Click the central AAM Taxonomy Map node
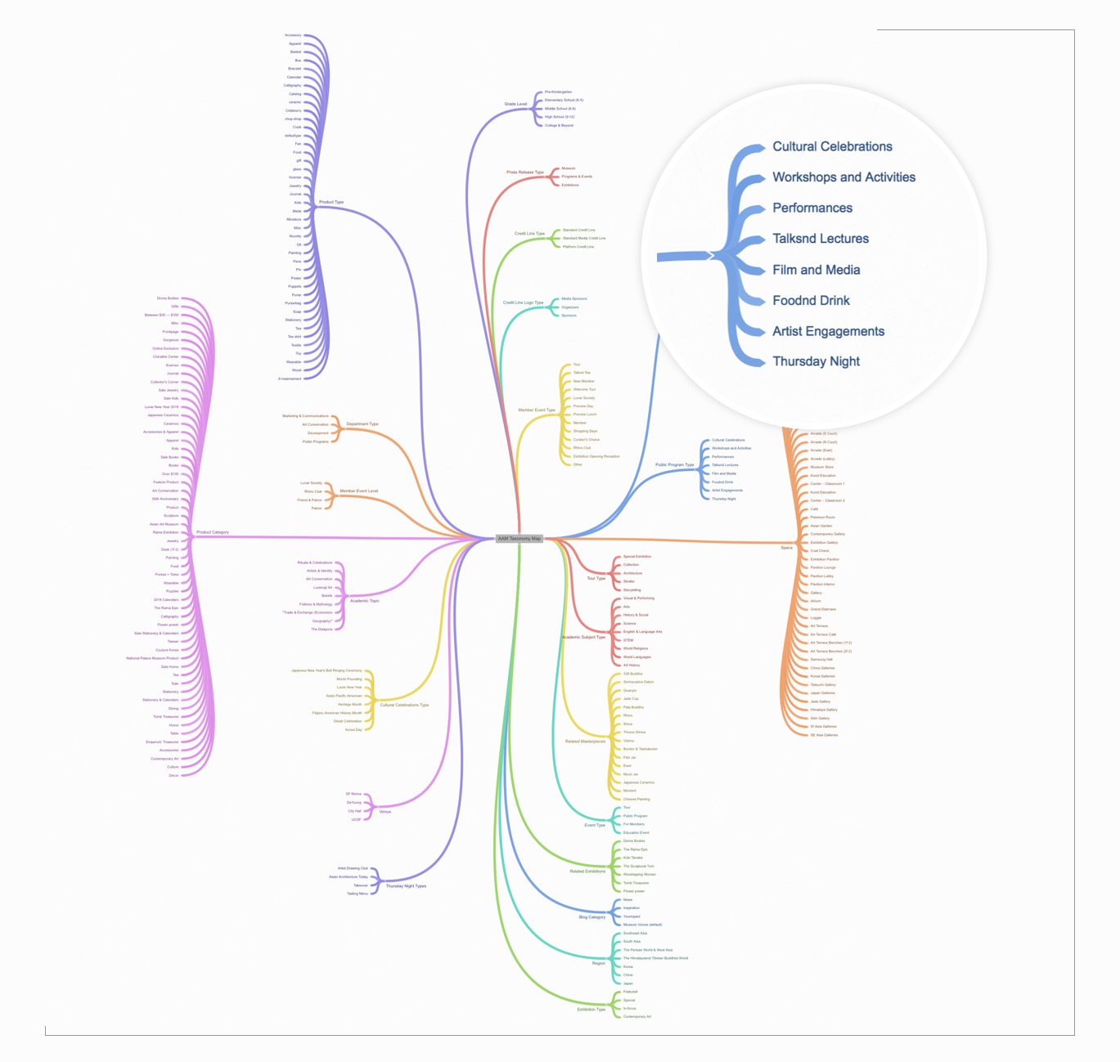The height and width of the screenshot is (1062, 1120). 520,539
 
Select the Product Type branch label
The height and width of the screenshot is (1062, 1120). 331,202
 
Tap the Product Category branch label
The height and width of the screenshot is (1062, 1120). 213,532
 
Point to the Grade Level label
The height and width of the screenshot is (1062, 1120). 515,104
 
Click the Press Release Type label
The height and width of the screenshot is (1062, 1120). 524,173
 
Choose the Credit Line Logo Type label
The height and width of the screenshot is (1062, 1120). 523,302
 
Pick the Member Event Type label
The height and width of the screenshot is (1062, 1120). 537,410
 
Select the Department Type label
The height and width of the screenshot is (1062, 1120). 362,424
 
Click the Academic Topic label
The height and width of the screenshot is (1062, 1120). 365,601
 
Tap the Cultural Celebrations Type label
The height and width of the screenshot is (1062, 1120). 404,705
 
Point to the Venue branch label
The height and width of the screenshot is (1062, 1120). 385,812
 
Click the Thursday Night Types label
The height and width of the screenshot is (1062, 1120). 406,886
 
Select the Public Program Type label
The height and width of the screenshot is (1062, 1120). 674,465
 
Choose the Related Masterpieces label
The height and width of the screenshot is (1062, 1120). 585,742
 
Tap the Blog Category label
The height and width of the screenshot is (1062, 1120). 591,917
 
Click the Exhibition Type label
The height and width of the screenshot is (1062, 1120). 591,1010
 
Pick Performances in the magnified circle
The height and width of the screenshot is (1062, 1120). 812,208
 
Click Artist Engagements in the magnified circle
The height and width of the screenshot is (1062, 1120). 828,331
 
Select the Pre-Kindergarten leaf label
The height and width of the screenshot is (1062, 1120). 558,92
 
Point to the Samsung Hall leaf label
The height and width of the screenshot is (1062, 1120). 821,660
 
